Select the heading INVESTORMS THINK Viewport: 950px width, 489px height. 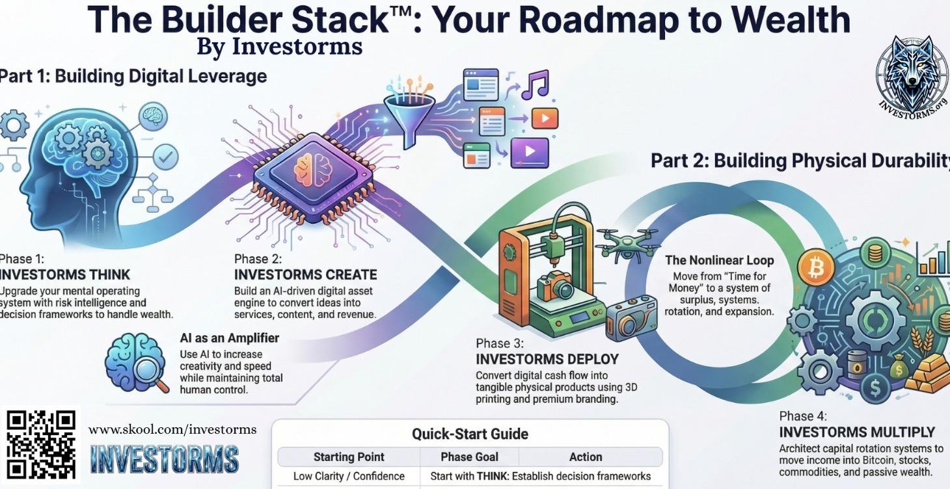click(65, 274)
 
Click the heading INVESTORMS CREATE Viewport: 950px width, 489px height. click(305, 274)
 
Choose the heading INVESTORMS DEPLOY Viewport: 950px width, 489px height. click(547, 359)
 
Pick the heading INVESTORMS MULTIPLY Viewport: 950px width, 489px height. click(857, 432)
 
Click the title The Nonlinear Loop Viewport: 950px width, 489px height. click(719, 260)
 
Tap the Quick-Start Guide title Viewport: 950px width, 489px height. click(470, 434)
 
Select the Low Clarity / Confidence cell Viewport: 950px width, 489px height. click(349, 477)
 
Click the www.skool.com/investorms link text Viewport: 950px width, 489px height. click(172, 430)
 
